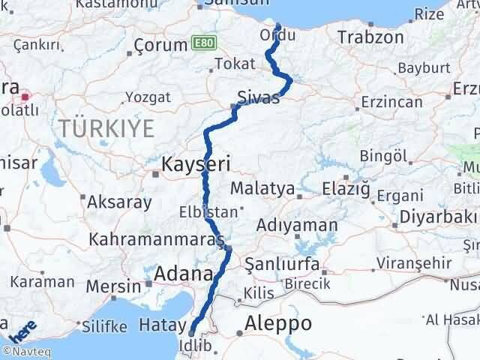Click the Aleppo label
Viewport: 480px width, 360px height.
point(278,324)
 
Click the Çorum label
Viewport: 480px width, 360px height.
point(160,45)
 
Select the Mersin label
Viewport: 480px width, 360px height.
point(113,286)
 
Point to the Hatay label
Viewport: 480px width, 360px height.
point(158,325)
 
